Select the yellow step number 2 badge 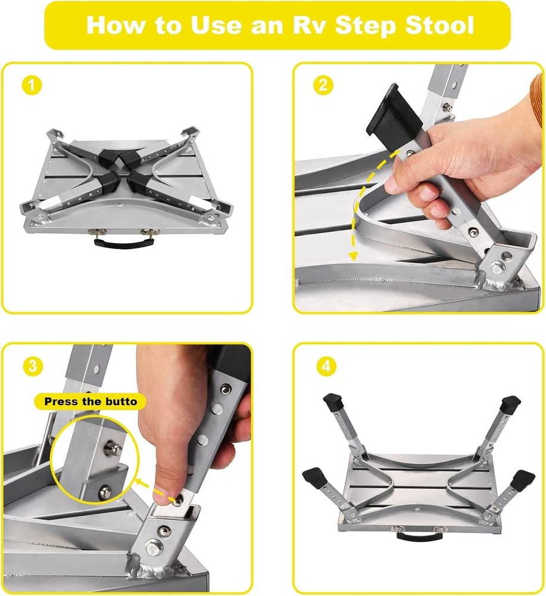(x=323, y=86)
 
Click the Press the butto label (x=91, y=401)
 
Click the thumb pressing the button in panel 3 (x=167, y=486)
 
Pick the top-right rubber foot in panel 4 (x=510, y=405)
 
